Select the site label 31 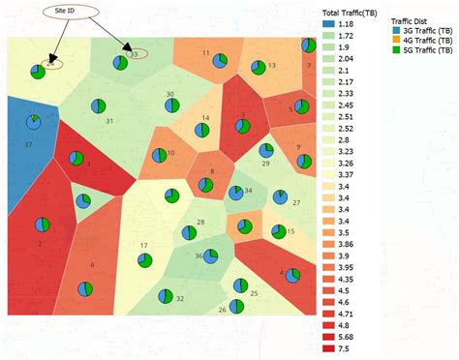coord(109,121)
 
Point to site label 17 coord(143,246)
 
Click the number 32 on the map coord(179,299)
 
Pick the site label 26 coord(222,310)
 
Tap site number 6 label coord(93,264)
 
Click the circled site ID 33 coord(135,54)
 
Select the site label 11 coord(205,52)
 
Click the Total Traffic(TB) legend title coord(351,12)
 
